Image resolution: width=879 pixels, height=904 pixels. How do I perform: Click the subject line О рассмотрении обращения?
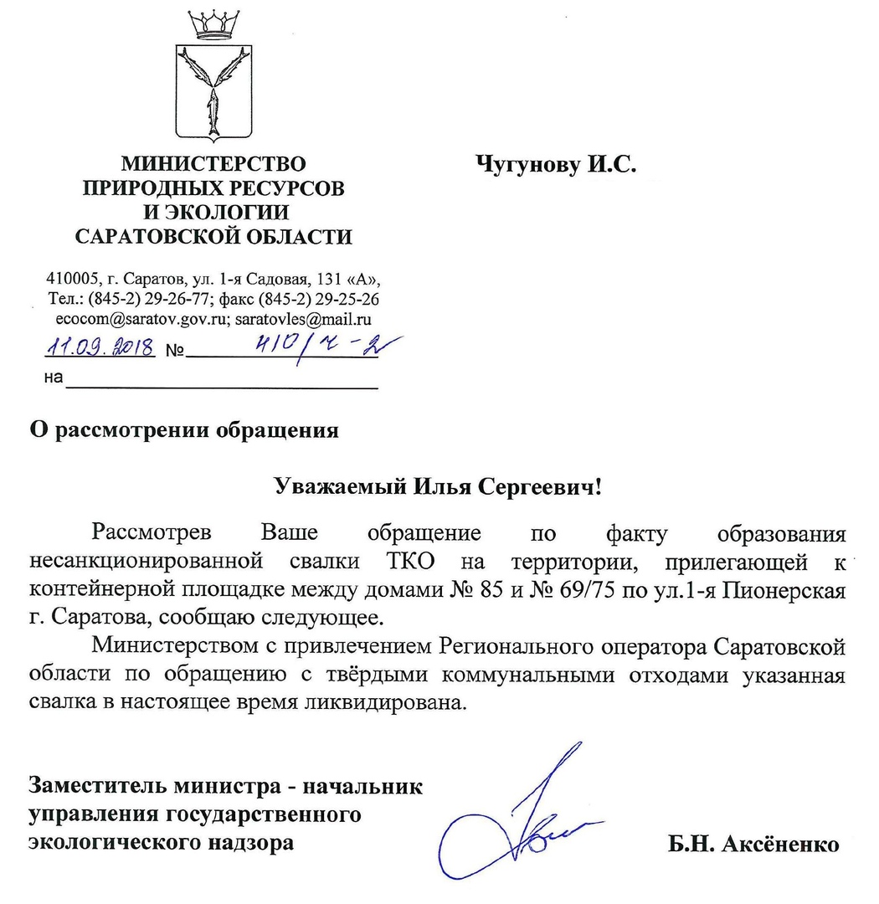[x=184, y=431]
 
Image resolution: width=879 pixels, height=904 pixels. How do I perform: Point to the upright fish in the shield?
[x=214, y=109]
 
